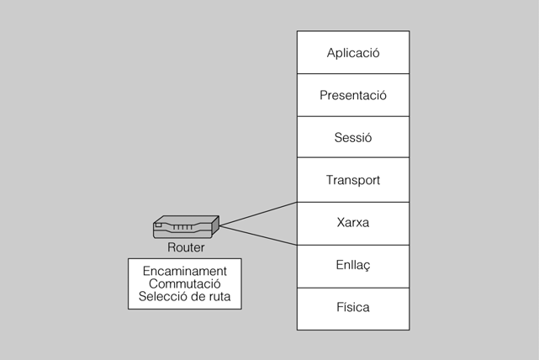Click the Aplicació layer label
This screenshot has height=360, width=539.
pyautogui.click(x=353, y=53)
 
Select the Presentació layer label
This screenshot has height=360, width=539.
pyautogui.click(x=353, y=95)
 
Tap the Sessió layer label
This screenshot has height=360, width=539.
pyautogui.click(x=353, y=138)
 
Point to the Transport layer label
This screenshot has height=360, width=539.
pyautogui.click(x=353, y=180)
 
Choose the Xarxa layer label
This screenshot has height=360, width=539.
pyautogui.click(x=353, y=223)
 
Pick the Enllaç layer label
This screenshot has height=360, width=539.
pyautogui.click(x=353, y=266)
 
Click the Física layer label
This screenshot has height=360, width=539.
pyautogui.click(x=353, y=308)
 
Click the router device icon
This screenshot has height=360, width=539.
pyautogui.click(x=186, y=226)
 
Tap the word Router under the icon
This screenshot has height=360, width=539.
pyautogui.click(x=186, y=248)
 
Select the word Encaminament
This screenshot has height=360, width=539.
pyautogui.click(x=184, y=271)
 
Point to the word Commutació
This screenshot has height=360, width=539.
pyautogui.click(x=184, y=284)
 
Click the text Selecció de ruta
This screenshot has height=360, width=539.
pyautogui.click(x=184, y=298)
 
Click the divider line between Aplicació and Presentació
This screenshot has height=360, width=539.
pyautogui.click(x=353, y=74)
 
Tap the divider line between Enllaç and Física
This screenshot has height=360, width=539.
pyautogui.click(x=353, y=287)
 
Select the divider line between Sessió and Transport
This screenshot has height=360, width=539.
pyautogui.click(x=353, y=159)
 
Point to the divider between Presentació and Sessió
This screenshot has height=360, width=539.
pyautogui.click(x=353, y=117)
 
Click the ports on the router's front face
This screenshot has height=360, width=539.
pyautogui.click(x=180, y=229)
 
